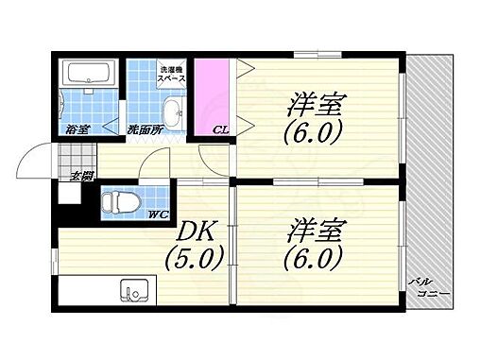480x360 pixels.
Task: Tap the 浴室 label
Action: (x=77, y=129)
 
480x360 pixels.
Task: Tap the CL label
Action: (x=218, y=129)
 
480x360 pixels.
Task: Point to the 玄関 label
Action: (x=80, y=176)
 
